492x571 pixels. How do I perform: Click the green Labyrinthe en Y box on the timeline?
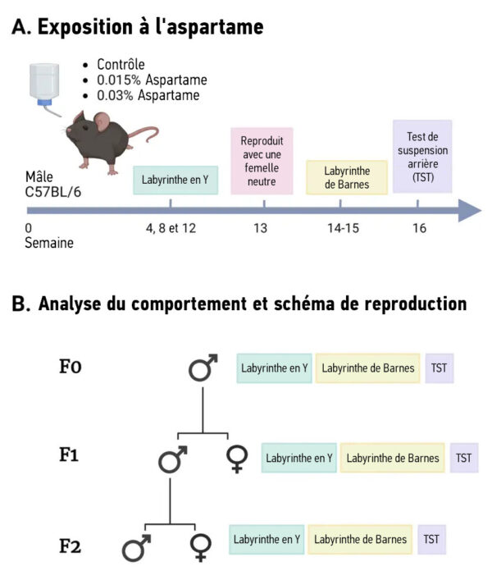coord(175,179)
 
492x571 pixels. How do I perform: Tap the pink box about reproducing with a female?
coord(262,161)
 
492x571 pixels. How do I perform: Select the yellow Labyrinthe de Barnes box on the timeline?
coord(346,177)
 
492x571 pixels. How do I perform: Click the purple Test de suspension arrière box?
coord(421,156)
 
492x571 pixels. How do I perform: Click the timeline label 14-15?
coord(339,228)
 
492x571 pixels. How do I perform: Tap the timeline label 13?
coord(260,228)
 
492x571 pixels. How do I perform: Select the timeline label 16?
coord(419,228)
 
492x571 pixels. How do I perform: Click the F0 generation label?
coord(71,367)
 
